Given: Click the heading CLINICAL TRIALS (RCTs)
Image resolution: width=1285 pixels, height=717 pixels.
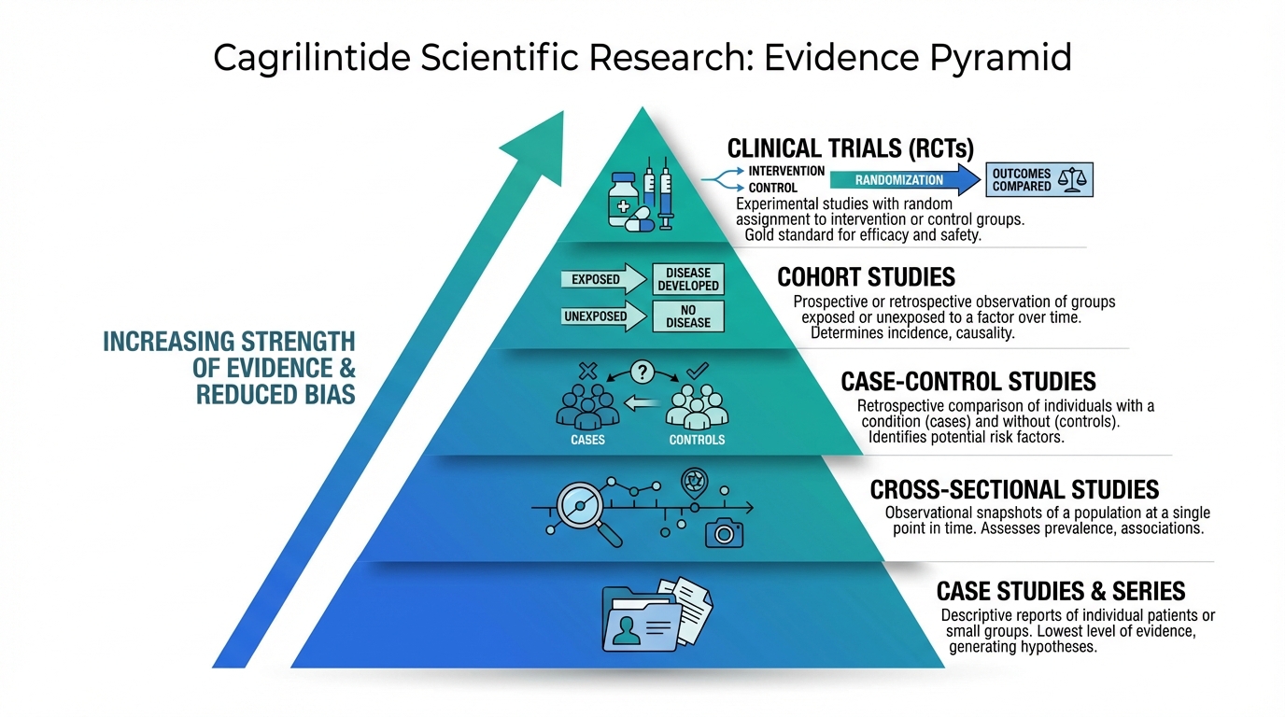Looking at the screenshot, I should [x=850, y=148].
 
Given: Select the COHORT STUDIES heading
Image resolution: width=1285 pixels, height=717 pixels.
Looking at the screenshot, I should [x=866, y=277].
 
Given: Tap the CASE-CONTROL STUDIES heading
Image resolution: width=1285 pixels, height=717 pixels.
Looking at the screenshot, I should [x=967, y=381].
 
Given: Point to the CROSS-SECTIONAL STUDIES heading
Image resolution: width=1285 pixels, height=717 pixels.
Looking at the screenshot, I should [x=1014, y=489].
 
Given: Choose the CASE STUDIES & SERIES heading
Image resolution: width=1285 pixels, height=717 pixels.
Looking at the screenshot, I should [x=1060, y=591].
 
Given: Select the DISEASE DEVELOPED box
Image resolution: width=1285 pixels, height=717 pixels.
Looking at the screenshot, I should [x=688, y=279].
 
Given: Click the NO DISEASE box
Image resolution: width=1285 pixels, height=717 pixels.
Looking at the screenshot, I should [x=688, y=316].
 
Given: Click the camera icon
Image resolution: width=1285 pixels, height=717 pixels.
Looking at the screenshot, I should [x=724, y=530].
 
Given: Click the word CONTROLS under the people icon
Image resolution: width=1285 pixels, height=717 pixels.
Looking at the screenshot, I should [x=697, y=440].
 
